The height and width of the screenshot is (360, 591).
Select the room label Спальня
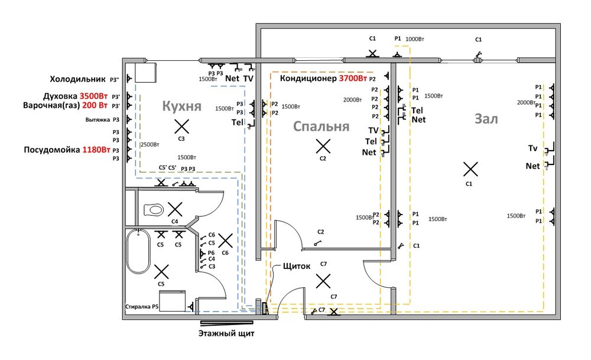point(322,127)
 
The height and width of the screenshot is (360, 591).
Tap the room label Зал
point(486,119)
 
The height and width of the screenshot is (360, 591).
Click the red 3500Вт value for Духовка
point(94,96)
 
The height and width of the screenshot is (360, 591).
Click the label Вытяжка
point(98,119)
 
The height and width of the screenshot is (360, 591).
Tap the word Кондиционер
point(308,79)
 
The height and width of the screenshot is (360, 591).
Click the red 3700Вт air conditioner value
point(353,79)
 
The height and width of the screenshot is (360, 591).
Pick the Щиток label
point(297,266)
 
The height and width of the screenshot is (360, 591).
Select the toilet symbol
point(155,209)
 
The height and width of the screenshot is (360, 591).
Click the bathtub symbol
point(138,251)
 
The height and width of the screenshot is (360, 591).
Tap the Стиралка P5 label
point(142,307)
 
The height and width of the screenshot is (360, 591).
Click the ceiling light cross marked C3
point(182,126)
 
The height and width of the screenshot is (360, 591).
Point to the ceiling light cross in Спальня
point(322,146)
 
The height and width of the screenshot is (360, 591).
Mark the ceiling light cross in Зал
point(470,170)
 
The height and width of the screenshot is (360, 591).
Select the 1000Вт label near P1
point(415,39)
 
